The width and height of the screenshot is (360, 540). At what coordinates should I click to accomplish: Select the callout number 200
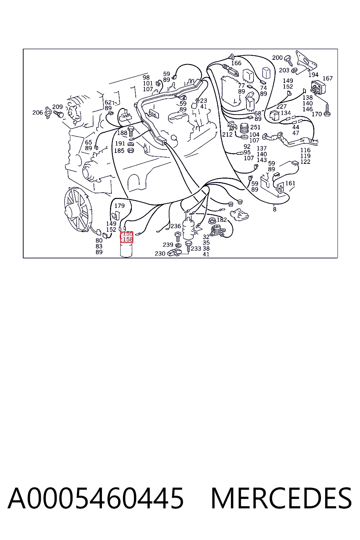277,58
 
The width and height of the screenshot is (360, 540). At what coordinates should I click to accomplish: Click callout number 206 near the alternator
38,112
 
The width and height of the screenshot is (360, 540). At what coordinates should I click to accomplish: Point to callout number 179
120,206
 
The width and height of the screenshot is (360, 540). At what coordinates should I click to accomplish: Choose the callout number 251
255,127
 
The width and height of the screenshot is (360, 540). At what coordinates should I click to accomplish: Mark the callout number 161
290,183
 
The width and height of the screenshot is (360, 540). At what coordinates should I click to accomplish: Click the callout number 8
275,210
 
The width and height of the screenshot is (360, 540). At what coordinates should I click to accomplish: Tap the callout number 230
160,253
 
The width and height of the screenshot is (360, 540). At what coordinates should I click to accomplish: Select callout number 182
221,220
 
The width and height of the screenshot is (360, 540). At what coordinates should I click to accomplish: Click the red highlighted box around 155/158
127,237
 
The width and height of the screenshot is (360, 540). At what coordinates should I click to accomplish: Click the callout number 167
328,78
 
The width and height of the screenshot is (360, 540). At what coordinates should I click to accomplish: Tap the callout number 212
227,134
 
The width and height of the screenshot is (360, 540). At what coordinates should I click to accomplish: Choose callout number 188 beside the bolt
122,133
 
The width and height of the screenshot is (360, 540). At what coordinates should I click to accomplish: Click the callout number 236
175,226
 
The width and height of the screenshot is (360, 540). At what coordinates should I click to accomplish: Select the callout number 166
236,63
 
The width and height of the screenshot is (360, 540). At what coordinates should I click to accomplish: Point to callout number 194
314,75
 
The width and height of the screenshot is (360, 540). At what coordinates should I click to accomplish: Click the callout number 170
317,114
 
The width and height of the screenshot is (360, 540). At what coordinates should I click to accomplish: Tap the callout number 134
286,113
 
